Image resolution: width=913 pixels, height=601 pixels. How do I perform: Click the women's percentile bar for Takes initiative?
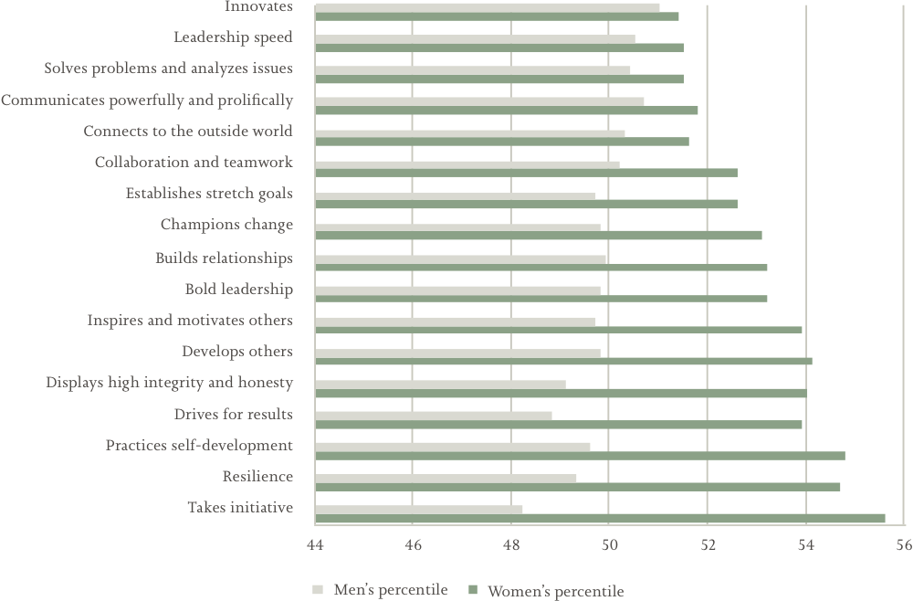point(600,518)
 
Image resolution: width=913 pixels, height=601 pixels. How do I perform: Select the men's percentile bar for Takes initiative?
point(419,509)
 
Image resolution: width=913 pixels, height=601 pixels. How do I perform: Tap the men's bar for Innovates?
point(488,7)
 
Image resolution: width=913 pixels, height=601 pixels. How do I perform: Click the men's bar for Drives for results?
point(434,415)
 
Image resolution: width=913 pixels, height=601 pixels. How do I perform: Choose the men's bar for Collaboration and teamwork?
point(467,164)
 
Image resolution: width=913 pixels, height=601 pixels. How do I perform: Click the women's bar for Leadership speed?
point(499,47)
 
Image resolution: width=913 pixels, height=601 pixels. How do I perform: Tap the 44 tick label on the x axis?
point(315,546)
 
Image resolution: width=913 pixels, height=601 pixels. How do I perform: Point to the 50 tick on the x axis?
point(609,546)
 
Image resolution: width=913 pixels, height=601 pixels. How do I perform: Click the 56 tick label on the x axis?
point(904,546)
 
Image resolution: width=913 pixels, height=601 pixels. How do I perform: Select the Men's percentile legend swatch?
point(318,590)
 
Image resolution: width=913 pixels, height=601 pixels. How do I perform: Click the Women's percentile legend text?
point(555,591)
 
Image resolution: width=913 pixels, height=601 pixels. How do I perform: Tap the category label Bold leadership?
point(238,290)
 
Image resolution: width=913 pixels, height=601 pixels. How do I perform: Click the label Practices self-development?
point(199,446)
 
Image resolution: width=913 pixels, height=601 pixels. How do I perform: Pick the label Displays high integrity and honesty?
point(169,383)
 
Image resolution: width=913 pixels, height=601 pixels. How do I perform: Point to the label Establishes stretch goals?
point(209,194)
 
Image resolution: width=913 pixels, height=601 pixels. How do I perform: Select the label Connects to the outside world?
point(188,132)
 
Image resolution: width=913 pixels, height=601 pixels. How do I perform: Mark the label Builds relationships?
point(224,258)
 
